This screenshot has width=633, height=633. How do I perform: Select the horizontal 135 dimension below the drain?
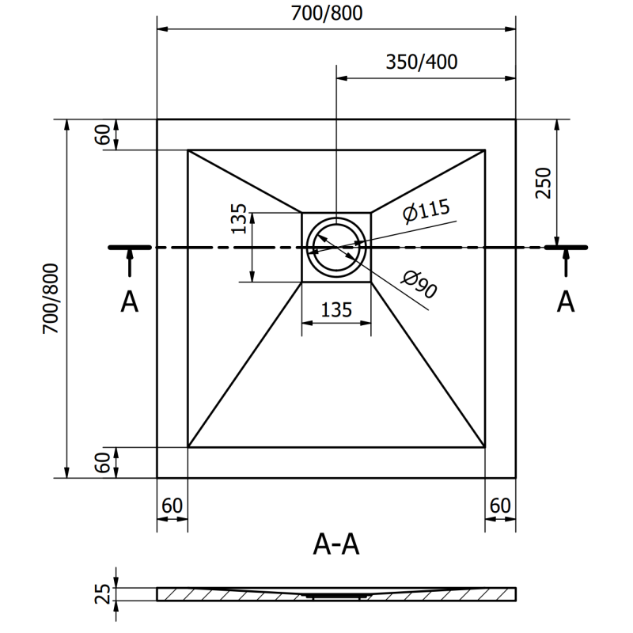[336, 309]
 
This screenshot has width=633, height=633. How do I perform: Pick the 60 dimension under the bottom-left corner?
[172, 505]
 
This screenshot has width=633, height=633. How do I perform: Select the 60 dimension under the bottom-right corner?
[500, 505]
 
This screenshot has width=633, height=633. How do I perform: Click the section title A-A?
[336, 544]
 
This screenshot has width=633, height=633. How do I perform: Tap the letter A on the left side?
[130, 301]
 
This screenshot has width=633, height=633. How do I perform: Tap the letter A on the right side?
[565, 301]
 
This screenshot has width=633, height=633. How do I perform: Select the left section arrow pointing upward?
[129, 262]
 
